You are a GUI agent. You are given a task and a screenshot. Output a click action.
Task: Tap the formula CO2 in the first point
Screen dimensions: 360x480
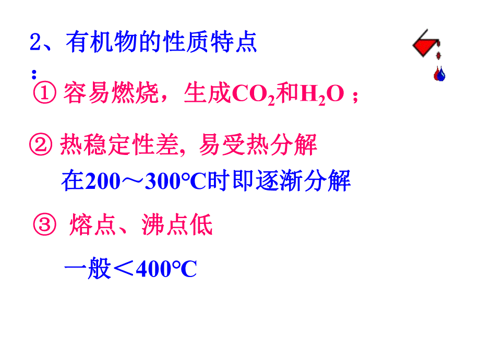pos(252,95)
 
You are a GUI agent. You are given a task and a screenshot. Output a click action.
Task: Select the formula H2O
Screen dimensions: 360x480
pos(321,95)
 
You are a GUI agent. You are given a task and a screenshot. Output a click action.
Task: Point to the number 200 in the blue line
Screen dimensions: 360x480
pos(103,182)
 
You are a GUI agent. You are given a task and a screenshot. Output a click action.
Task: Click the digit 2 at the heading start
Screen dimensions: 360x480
pos(35,42)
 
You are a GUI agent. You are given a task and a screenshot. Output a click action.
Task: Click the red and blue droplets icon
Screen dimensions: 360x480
pos(440,74)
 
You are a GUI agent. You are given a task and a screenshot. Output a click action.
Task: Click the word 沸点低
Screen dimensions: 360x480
pos(177,226)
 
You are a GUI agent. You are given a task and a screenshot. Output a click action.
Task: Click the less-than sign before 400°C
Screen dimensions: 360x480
pos(123,270)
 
